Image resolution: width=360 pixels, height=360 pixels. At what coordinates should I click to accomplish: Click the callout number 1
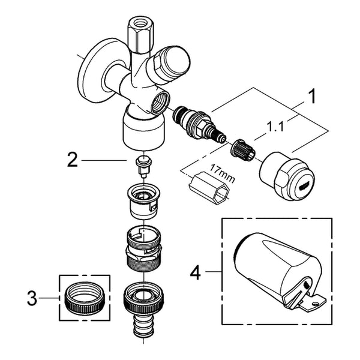point(312,97)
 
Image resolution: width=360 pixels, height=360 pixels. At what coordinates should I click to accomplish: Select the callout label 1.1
point(275,127)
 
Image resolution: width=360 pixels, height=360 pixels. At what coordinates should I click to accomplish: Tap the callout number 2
point(73,160)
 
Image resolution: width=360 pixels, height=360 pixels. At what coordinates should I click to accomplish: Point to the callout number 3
point(32,298)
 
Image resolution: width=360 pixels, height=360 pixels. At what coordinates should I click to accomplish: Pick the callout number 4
point(196,272)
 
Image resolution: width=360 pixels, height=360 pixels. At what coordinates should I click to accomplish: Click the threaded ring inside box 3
point(85,298)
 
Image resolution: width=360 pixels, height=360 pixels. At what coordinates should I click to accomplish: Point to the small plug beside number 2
point(144,166)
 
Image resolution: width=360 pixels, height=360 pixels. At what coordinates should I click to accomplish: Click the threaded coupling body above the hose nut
point(144,248)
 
